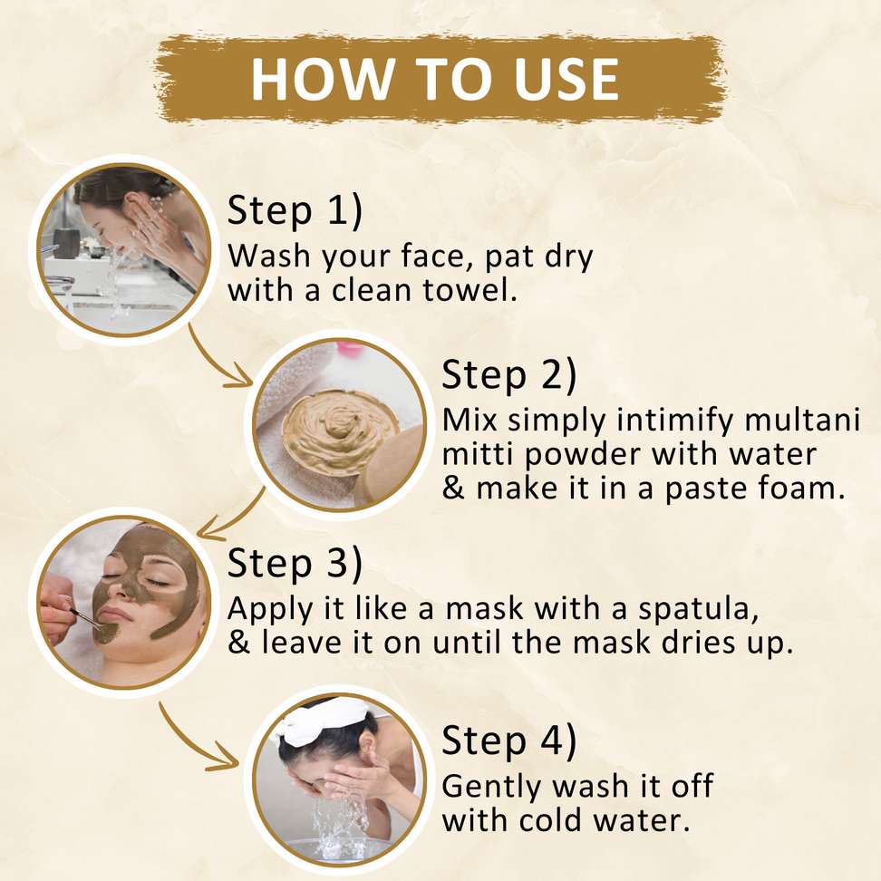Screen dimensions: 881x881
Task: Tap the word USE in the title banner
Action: pyautogui.click(x=566, y=79)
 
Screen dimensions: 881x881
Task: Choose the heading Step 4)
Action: pyautogui.click(x=509, y=740)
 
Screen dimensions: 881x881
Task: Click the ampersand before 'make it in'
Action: pyautogui.click(x=453, y=488)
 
